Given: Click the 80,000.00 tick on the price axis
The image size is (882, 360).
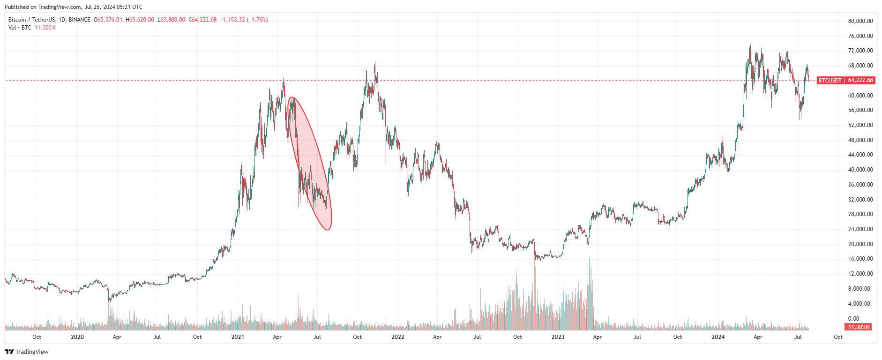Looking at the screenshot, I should [x=860, y=21].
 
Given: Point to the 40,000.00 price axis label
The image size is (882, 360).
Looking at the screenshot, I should [x=860, y=170].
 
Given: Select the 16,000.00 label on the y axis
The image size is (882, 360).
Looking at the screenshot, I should [x=860, y=259].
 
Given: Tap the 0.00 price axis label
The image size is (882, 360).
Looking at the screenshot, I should [x=853, y=319].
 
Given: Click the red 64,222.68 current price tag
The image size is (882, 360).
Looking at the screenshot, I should [x=860, y=80].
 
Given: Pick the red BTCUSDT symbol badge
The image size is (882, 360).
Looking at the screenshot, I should [x=830, y=80].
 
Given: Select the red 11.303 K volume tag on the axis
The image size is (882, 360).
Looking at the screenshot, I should [x=858, y=327].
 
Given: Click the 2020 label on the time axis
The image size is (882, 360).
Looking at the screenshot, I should [x=77, y=337].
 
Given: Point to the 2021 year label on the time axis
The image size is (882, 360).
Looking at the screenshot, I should [x=238, y=337].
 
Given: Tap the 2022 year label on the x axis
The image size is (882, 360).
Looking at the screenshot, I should [x=397, y=337].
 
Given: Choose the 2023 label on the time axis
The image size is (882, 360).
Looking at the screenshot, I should [x=558, y=337].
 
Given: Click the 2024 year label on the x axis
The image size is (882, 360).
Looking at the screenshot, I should [x=718, y=337].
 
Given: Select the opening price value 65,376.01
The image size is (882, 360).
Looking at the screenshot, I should [x=109, y=20].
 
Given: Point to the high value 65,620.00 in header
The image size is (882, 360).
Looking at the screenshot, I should [x=141, y=20].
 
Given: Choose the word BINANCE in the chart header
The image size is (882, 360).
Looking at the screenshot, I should [x=79, y=20].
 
